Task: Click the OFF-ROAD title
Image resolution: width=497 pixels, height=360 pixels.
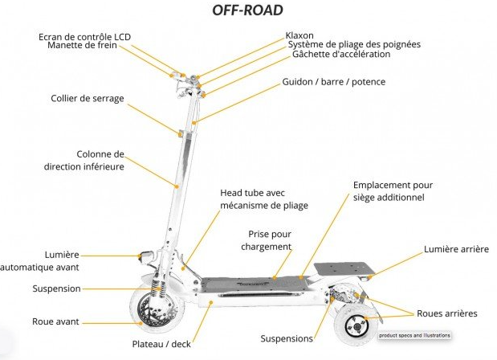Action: pos(246,10)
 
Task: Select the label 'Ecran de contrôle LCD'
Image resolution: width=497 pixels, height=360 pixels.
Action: pos(84,36)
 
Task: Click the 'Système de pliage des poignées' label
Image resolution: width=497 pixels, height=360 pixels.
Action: pos(353,45)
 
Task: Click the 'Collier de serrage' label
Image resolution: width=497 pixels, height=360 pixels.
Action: pos(87,99)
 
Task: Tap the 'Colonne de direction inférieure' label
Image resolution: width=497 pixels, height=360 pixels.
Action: pos(84,161)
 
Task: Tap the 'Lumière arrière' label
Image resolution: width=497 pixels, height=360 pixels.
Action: pos(455,250)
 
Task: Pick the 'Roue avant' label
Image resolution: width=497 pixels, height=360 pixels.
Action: pos(55,321)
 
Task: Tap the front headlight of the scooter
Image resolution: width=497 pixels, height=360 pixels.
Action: pos(147,256)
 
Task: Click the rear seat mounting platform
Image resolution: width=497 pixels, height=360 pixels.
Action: pos(337,268)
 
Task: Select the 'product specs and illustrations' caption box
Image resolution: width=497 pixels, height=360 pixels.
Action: pos(414,334)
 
